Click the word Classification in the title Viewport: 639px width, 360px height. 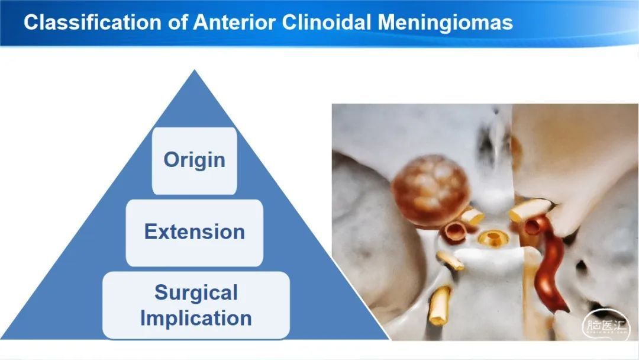[92, 22]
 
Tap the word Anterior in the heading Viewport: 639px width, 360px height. [234, 22]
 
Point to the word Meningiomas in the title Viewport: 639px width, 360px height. [445, 23]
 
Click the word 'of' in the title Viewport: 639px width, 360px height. [177, 22]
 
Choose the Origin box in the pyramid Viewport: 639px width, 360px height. [195, 160]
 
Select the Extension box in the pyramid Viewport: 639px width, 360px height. [195, 232]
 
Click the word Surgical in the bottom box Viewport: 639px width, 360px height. [196, 292]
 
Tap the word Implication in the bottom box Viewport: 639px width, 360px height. [196, 319]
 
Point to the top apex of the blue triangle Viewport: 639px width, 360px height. [195, 70]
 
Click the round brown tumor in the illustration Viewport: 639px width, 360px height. [430, 191]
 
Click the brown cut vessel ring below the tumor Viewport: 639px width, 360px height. [454, 232]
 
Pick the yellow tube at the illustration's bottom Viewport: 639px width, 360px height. [439, 305]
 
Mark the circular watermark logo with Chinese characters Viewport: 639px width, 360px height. [606, 325]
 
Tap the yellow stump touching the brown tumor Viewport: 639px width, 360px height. [472, 216]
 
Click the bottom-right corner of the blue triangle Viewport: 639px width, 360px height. [389, 339]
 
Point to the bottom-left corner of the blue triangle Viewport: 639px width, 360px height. [1, 339]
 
